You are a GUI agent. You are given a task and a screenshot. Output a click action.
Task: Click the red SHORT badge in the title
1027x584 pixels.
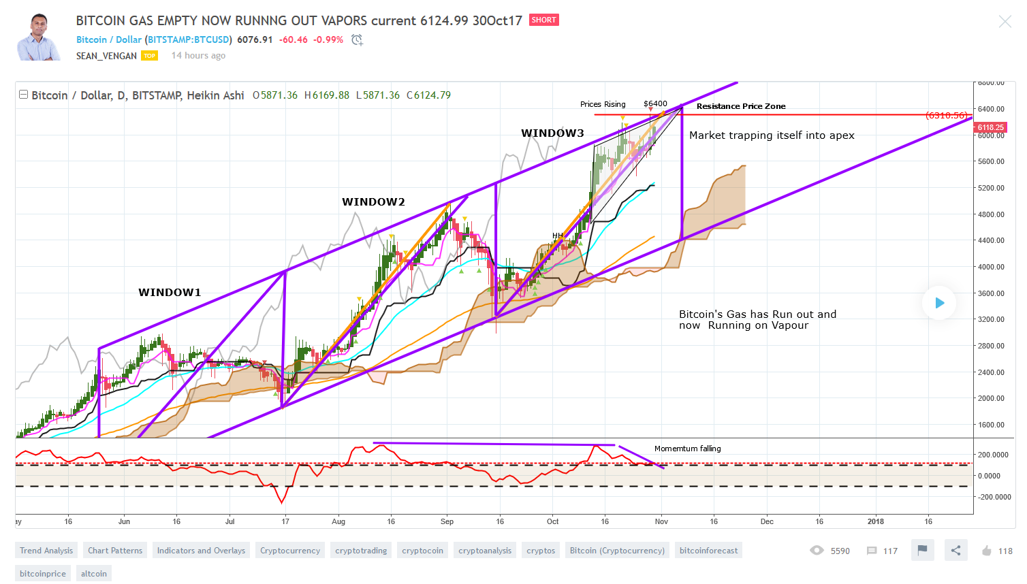tap(543, 20)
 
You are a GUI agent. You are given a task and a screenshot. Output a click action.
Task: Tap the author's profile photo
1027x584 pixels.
tap(38, 38)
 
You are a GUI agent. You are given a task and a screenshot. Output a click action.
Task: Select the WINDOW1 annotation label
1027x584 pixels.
tap(170, 293)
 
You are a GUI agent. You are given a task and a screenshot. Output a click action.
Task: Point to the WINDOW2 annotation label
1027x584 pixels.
tap(373, 202)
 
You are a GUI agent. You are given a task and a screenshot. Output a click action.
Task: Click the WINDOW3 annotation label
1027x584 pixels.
tap(552, 133)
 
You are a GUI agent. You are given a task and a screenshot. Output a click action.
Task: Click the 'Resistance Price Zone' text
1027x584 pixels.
tap(741, 106)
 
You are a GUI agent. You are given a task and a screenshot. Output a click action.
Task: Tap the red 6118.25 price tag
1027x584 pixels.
tap(990, 127)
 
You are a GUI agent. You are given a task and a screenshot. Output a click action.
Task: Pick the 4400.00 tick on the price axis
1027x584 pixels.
tap(991, 240)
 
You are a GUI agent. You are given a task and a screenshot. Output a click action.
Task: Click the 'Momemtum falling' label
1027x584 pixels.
tap(687, 449)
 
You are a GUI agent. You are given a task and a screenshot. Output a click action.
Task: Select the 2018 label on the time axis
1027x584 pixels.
tap(875, 521)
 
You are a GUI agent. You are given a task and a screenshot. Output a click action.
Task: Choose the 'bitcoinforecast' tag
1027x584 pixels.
tap(708, 551)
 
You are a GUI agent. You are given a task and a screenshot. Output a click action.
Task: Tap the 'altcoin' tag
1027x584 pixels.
tap(94, 574)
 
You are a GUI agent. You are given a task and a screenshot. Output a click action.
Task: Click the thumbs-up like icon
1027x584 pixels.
tap(986, 551)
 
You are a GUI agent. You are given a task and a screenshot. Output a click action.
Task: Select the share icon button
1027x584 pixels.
tap(955, 550)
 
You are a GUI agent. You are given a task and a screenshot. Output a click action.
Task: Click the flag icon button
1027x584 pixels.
tap(922, 550)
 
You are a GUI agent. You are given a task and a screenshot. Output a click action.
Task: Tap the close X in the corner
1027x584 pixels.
tap(1005, 22)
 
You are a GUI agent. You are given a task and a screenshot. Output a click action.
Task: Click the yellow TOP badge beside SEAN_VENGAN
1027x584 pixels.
tap(150, 56)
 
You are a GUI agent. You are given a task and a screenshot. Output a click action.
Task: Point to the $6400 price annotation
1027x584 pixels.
tap(655, 104)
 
